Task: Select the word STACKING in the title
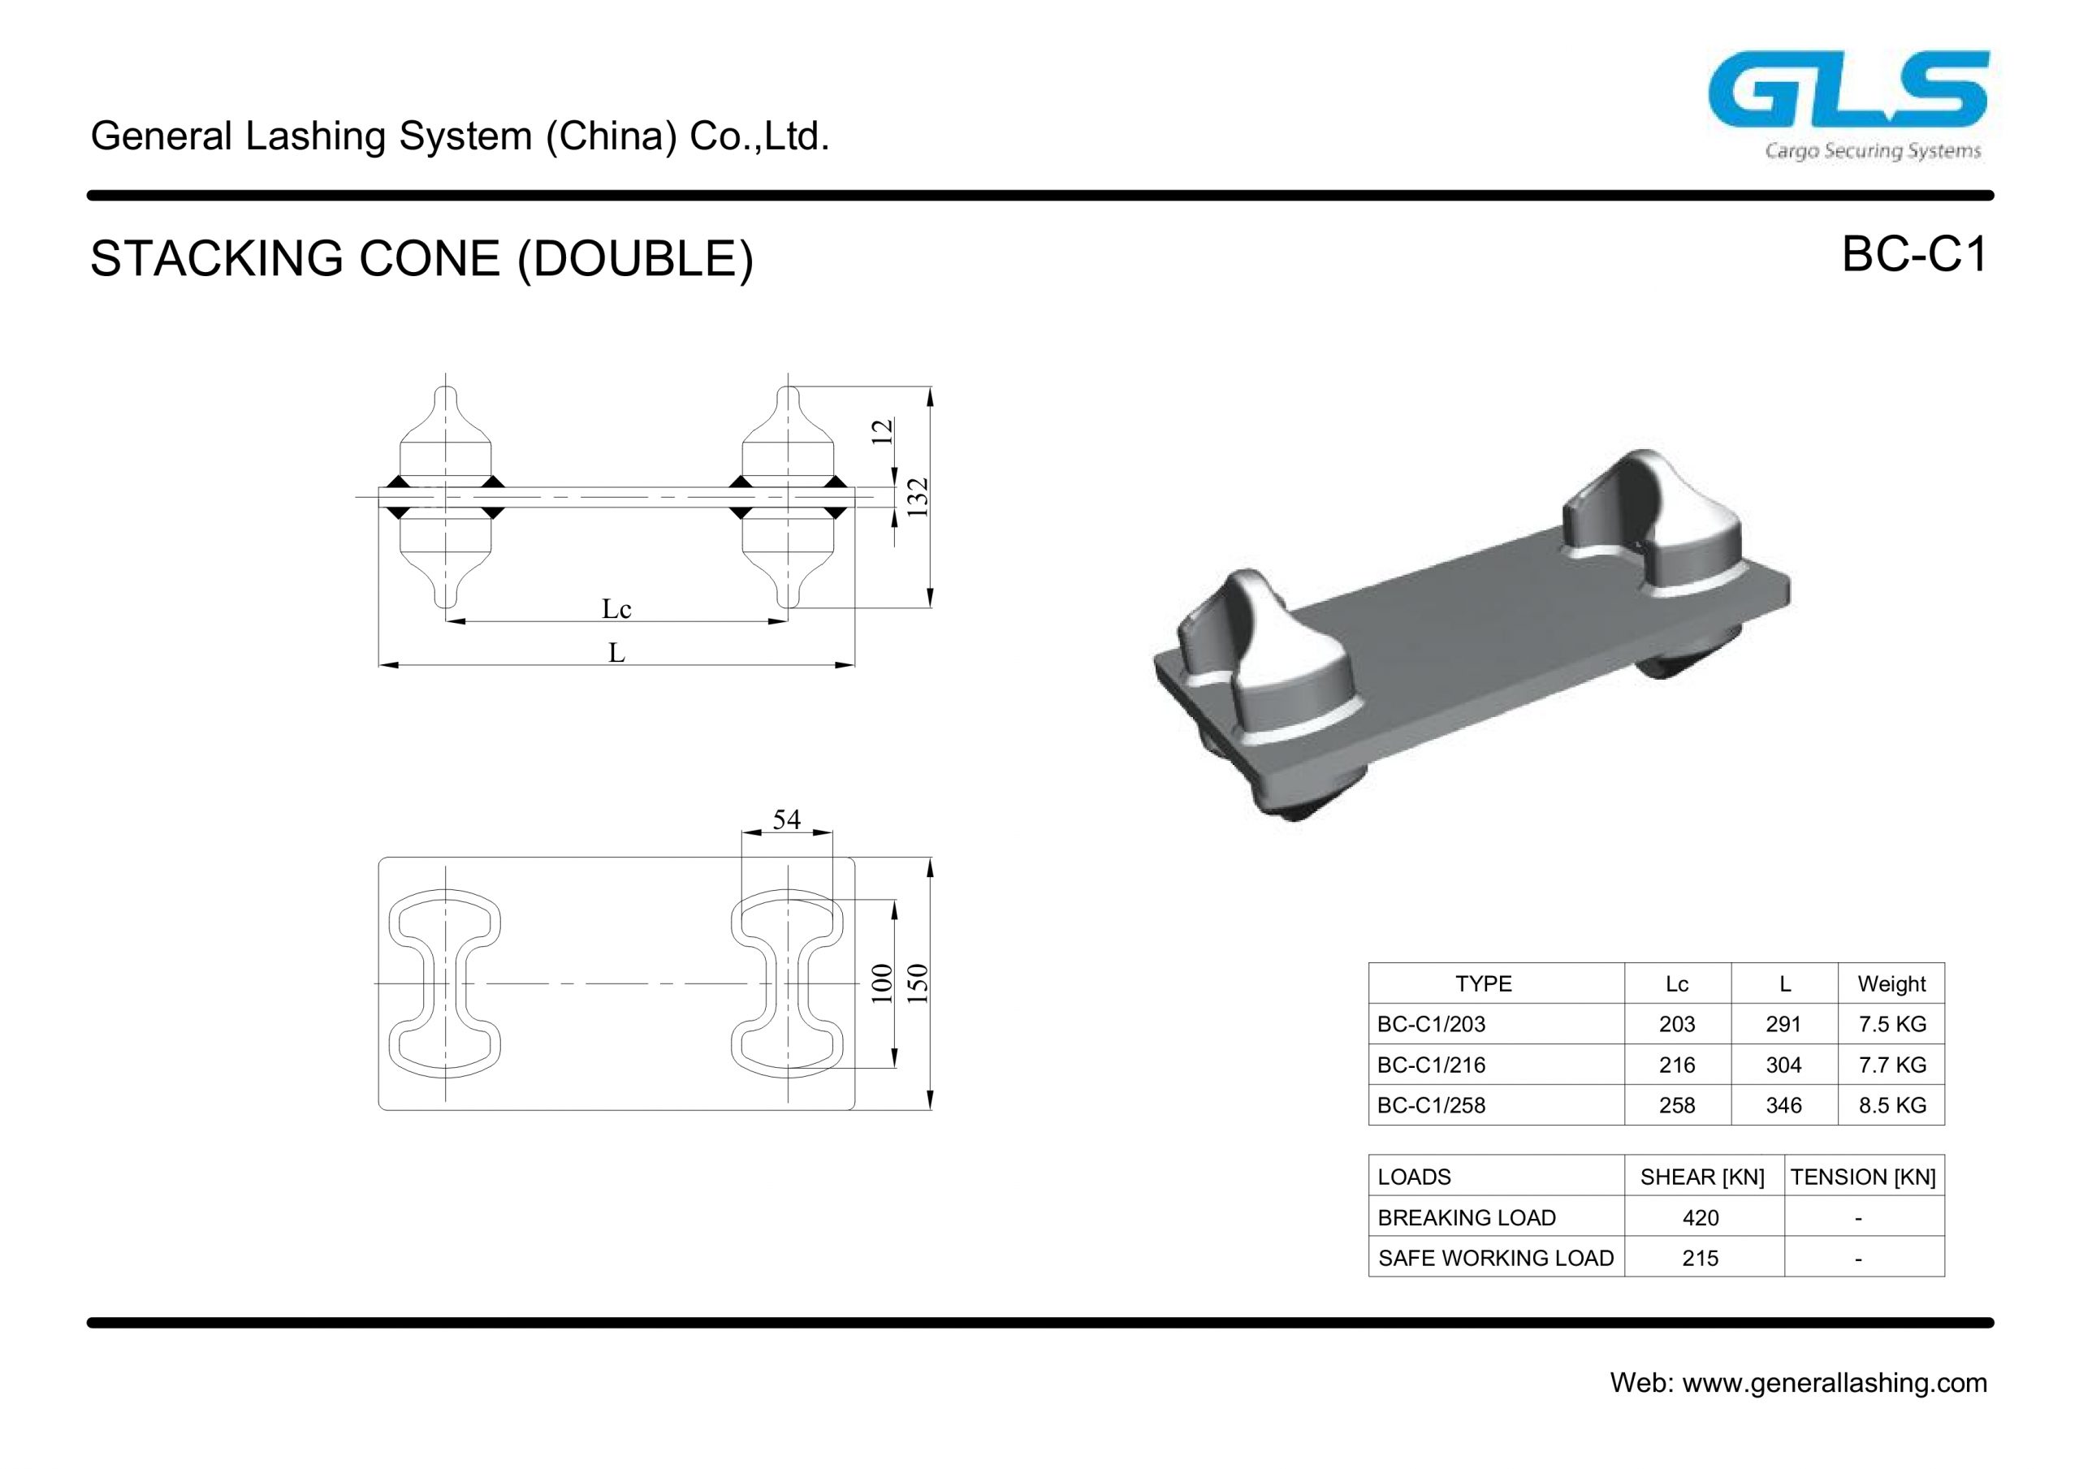(x=216, y=259)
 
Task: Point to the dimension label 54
(x=786, y=819)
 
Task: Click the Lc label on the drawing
(x=616, y=608)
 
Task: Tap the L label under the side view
(x=616, y=652)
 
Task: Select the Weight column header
(x=1891, y=983)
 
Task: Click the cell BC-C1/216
(x=1431, y=1065)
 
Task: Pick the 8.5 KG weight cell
(x=1891, y=1105)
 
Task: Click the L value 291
(x=1783, y=1024)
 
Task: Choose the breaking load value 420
(x=1700, y=1218)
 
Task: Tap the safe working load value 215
(x=1700, y=1258)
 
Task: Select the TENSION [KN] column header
(x=1863, y=1177)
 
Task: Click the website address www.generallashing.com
(x=1835, y=1383)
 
